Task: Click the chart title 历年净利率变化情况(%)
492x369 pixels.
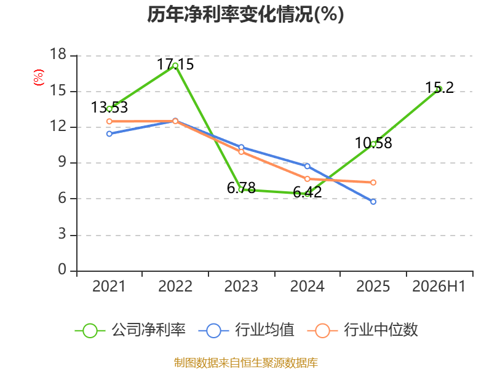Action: (x=245, y=14)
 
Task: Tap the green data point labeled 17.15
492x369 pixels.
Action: (x=175, y=66)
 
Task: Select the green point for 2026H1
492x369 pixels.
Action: (x=439, y=89)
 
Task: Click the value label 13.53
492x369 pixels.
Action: (x=109, y=107)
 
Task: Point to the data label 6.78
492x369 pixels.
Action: (x=241, y=188)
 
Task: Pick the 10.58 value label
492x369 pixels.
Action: (x=373, y=143)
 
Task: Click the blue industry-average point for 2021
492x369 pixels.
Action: (x=109, y=134)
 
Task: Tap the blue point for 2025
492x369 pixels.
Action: (x=373, y=202)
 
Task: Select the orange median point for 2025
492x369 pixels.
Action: (x=373, y=183)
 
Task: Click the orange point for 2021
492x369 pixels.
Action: (x=109, y=121)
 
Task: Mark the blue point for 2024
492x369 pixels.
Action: (x=307, y=166)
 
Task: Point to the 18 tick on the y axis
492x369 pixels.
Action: (x=58, y=54)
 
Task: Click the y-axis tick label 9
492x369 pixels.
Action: (x=62, y=162)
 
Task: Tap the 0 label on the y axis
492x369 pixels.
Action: (x=62, y=269)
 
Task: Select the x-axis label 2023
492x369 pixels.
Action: (x=241, y=287)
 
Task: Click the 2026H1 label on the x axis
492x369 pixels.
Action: (x=439, y=287)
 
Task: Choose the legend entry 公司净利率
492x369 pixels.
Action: (x=130, y=330)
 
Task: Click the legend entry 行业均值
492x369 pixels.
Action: (x=247, y=330)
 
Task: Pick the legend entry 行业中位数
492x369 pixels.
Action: (x=363, y=330)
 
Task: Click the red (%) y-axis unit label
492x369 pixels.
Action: (x=39, y=77)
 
